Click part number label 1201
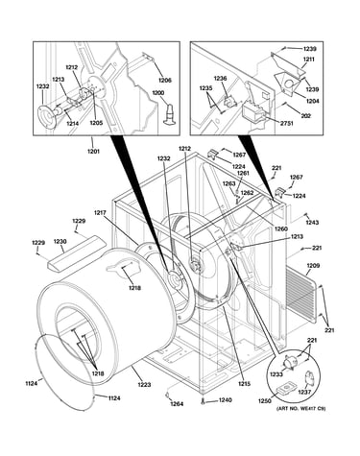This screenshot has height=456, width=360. [93, 151]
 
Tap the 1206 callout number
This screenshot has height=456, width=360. [165, 80]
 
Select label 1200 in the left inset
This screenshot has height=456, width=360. [157, 93]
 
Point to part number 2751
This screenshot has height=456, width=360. [286, 124]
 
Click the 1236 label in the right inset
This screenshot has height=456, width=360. [220, 78]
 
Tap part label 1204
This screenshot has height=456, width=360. [312, 101]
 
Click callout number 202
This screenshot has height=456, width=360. [306, 116]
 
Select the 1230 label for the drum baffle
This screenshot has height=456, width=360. [60, 242]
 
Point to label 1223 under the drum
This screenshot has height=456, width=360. [144, 385]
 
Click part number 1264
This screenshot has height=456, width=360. [177, 404]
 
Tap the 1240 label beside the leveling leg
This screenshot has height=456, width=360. [226, 400]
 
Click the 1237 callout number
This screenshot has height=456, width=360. [304, 392]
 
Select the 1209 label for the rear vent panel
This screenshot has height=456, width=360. [313, 266]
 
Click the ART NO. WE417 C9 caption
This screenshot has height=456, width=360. [300, 408]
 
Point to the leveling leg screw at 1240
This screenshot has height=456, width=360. [203, 401]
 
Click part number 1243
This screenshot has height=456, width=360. [312, 223]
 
